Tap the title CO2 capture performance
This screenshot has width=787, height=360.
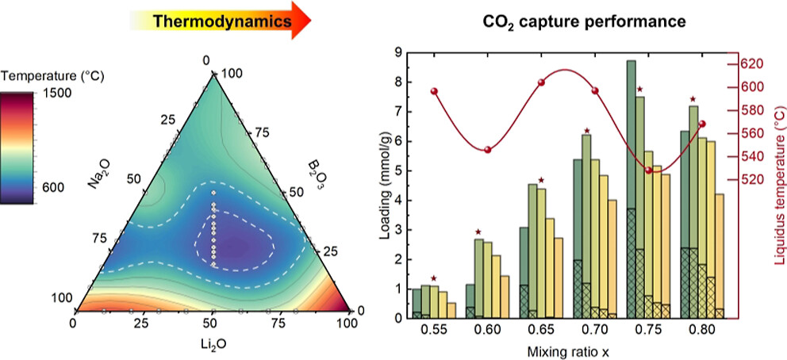pyautogui.click(x=585, y=21)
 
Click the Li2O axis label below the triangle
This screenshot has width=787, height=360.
pyautogui.click(x=212, y=346)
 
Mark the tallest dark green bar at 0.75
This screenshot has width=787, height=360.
pyautogui.click(x=631, y=135)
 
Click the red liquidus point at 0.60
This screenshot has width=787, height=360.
pyautogui.click(x=488, y=150)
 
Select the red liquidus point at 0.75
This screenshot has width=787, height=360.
pyautogui.click(x=648, y=170)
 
